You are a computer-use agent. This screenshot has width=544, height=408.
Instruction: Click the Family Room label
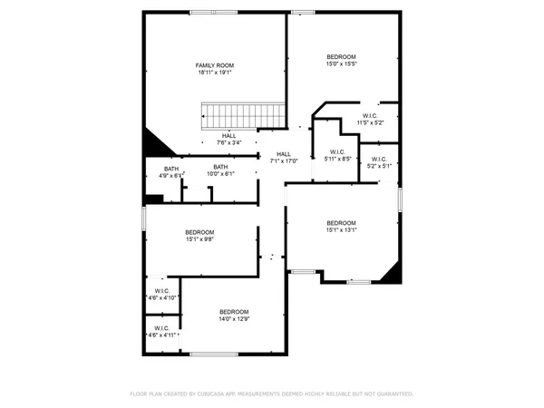coord(215,65)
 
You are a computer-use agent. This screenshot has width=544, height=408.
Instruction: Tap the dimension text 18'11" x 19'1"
coord(215,73)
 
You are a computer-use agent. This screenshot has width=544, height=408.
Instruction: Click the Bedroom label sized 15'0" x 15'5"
coord(342,57)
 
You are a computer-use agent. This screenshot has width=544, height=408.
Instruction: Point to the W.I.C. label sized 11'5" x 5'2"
coord(370,116)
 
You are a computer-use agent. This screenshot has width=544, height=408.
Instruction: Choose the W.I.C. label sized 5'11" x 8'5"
coord(336,151)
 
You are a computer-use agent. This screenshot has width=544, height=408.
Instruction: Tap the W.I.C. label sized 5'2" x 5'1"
coord(379,160)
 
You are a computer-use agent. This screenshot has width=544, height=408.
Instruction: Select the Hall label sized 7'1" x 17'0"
coord(284,154)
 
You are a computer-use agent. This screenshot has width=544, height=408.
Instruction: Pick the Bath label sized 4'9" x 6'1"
coord(171,168)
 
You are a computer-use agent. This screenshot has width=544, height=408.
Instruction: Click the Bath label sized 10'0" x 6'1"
coord(220,167)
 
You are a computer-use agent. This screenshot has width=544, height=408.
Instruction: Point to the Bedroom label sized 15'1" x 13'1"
coord(342,223)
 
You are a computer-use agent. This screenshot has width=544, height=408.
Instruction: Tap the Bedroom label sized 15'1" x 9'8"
coord(199,232)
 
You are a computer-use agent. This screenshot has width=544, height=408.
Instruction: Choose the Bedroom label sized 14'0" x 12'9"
coord(233,313)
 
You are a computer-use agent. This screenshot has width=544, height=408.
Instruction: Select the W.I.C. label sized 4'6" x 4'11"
coord(162,328)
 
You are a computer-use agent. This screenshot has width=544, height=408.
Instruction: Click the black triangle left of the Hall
coord(155,144)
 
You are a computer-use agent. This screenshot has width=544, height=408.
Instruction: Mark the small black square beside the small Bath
coord(152,199)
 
